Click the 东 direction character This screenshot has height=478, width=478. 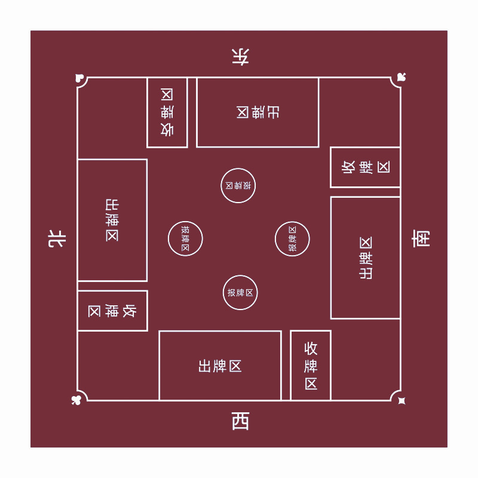240,57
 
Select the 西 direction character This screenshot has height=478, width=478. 240,421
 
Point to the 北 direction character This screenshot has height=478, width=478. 57,240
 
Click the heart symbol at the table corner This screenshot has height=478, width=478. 79,78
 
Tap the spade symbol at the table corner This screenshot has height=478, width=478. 401,78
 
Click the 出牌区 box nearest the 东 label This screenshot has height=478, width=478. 258,112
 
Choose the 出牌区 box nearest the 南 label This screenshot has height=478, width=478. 365,258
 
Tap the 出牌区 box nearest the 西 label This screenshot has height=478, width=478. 220,366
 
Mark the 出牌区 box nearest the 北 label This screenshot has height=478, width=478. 112,220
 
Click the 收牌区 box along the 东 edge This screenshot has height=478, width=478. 167,112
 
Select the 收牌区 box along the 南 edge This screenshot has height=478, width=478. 365,167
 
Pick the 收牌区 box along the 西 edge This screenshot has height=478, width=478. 311,366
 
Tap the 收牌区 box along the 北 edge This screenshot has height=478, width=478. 112,311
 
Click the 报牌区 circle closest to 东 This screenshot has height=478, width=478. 238,185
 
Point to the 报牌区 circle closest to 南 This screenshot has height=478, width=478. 292,239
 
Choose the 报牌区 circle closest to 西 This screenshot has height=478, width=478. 240,293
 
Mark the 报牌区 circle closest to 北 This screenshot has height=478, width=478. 185,239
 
